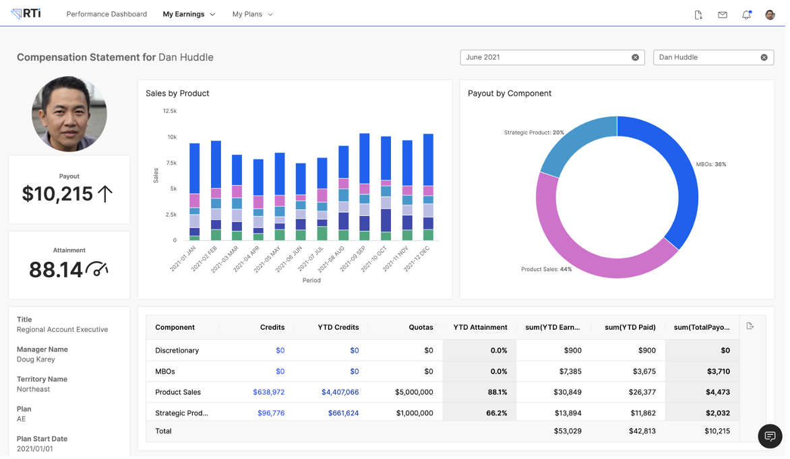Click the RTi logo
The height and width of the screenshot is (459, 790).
[26, 13]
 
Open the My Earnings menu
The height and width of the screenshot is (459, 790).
[189, 14]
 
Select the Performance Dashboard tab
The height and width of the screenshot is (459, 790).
[107, 14]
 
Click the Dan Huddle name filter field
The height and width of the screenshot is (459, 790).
[708, 58]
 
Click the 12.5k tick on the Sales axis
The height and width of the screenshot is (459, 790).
[171, 112]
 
